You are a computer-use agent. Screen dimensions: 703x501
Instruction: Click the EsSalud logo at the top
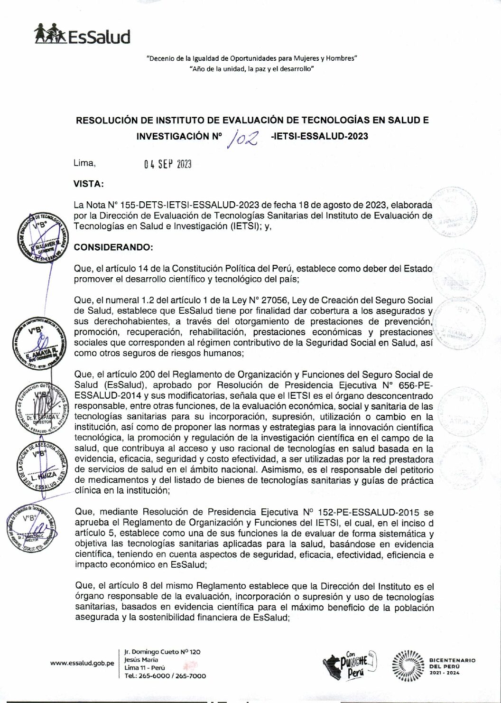pyautogui.click(x=82, y=35)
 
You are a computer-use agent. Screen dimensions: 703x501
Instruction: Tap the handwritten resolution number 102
pyautogui.click(x=242, y=138)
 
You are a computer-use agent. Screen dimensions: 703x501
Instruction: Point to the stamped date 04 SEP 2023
pyautogui.click(x=168, y=164)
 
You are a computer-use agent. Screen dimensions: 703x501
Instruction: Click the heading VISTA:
pyautogui.click(x=89, y=184)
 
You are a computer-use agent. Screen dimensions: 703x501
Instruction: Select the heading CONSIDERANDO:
pyautogui.click(x=113, y=247)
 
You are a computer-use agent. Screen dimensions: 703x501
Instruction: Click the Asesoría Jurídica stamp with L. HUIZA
pyautogui.click(x=41, y=468)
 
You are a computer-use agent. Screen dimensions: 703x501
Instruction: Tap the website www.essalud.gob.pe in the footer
pyautogui.click(x=82, y=663)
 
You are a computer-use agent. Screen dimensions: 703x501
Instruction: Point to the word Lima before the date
pyautogui.click(x=84, y=163)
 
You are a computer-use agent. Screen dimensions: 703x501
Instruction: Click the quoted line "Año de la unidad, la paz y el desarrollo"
pyautogui.click(x=251, y=69)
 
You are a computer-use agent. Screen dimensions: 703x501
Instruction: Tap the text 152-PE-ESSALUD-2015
pyautogui.click(x=365, y=512)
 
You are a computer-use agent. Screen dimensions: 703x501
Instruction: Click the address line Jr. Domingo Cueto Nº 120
pyautogui.click(x=162, y=652)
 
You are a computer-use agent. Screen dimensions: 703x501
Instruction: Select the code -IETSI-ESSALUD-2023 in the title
pyautogui.click(x=318, y=136)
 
